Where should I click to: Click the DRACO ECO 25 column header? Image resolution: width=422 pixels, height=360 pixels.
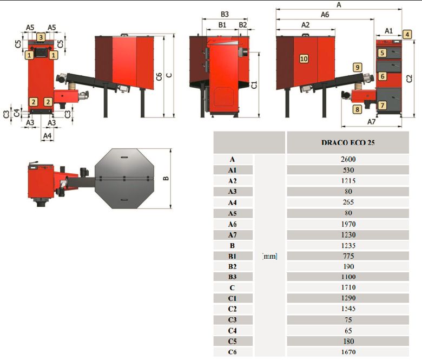click(x=348, y=143)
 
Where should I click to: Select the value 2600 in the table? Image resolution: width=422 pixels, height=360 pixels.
click(x=348, y=160)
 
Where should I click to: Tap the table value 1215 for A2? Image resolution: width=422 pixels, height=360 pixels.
click(x=348, y=181)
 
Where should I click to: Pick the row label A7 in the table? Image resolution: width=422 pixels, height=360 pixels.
click(x=232, y=234)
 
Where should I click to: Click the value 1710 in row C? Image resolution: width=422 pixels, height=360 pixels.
click(x=348, y=287)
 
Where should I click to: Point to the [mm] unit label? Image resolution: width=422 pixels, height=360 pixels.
click(x=269, y=256)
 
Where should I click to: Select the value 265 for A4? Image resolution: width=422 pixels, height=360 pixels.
click(x=348, y=202)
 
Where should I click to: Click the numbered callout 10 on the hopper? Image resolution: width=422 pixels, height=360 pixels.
click(x=303, y=58)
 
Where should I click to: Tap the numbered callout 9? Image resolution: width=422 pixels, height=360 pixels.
click(x=357, y=67)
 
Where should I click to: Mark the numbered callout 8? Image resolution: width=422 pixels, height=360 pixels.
click(x=357, y=109)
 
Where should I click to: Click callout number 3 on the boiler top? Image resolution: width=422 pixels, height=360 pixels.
click(x=41, y=37)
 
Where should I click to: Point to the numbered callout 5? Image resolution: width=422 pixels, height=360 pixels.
click(x=383, y=53)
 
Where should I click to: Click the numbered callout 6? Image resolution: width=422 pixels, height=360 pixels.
click(x=383, y=76)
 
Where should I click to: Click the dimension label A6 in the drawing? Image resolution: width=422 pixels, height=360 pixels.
click(x=325, y=15)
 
